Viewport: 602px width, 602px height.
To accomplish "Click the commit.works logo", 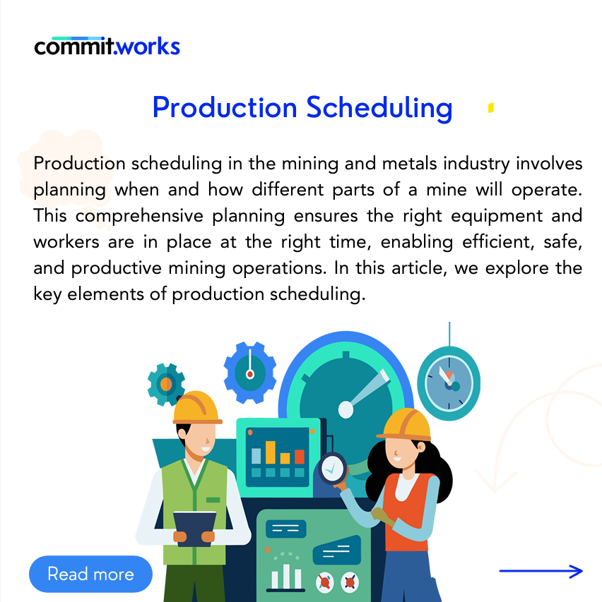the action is [107, 46].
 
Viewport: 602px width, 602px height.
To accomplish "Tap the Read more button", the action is [90, 574].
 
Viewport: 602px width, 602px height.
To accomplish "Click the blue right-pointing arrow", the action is [541, 571].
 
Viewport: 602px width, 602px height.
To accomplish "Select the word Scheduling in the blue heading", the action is [379, 108].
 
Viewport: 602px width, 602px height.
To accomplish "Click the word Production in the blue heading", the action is [225, 107].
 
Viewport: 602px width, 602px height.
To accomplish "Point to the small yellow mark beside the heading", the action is [491, 108].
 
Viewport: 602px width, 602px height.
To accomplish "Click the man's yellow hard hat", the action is [198, 408].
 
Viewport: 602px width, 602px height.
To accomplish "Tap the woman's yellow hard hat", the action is [404, 424].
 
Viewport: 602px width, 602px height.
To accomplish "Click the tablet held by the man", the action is [194, 529].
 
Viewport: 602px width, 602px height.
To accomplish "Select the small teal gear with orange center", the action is [166, 385].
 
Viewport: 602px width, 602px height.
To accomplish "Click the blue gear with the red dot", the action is [250, 373].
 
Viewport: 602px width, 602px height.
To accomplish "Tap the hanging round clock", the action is [449, 383].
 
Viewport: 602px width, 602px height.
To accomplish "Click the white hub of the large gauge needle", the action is [346, 409].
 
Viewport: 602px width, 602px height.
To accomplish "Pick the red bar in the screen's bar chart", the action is [300, 457].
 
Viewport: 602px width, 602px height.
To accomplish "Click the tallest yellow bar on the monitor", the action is [271, 452].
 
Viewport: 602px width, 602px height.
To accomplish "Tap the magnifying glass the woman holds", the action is [333, 469].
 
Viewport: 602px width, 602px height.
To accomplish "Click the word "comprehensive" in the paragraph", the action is [139, 216].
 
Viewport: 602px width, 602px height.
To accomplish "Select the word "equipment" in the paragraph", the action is [497, 216].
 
